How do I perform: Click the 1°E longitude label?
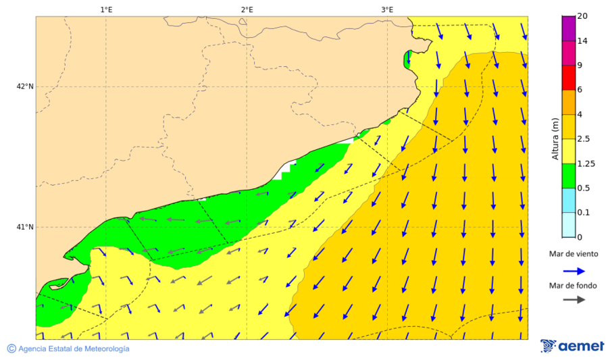(106, 9)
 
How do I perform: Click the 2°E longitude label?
(247, 9)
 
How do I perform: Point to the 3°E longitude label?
(387, 9)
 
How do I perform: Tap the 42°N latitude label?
(25, 86)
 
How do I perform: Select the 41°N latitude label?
(25, 227)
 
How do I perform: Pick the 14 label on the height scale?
(582, 41)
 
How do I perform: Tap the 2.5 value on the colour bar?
(584, 139)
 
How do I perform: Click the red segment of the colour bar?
(568, 78)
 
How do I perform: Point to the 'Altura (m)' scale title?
(555, 139)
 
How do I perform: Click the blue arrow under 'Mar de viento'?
(573, 271)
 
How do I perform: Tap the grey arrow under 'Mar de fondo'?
(573, 300)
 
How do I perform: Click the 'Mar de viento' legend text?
(573, 254)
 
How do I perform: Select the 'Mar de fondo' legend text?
(573, 286)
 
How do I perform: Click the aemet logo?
(572, 346)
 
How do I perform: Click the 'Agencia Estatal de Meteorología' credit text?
(74, 349)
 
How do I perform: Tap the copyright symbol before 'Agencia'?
(11, 349)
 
